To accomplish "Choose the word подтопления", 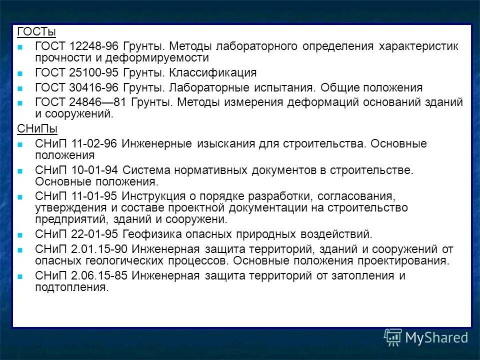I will (x=70, y=287).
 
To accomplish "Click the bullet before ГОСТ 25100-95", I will (x=20, y=74).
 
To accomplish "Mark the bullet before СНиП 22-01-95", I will (x=20, y=235).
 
